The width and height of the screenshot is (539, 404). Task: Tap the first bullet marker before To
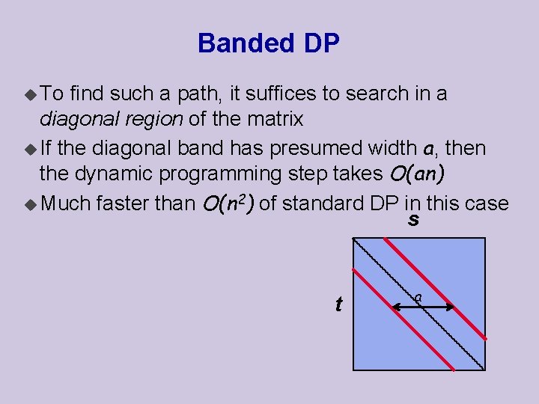pos(30,94)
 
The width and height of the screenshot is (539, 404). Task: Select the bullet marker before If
pos(30,149)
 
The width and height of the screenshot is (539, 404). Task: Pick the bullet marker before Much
pos(30,203)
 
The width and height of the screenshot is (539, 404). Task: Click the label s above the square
pos(413,221)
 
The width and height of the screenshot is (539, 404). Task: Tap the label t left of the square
pos(338,304)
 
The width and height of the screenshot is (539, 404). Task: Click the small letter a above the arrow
pos(418,297)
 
